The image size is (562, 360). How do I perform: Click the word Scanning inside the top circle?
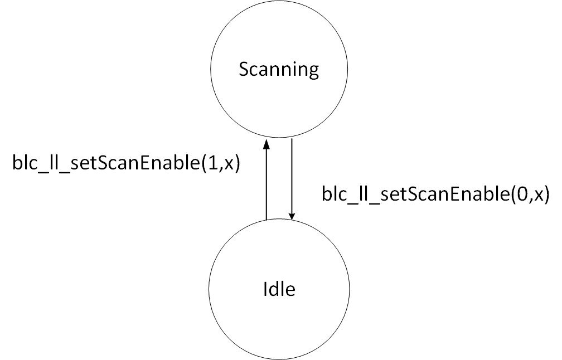point(278,70)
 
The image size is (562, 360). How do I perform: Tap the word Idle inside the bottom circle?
point(278,289)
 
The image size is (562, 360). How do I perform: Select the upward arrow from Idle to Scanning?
point(267,181)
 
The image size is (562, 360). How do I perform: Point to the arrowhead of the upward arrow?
point(267,144)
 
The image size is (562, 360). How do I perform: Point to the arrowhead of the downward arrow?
point(292,216)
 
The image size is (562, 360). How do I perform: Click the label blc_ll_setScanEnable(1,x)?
point(126,166)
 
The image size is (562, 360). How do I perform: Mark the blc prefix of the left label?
point(22,166)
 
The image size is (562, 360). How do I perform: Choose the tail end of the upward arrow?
point(267,218)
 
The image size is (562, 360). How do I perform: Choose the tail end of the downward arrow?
point(292,140)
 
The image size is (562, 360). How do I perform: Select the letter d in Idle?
point(273,289)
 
